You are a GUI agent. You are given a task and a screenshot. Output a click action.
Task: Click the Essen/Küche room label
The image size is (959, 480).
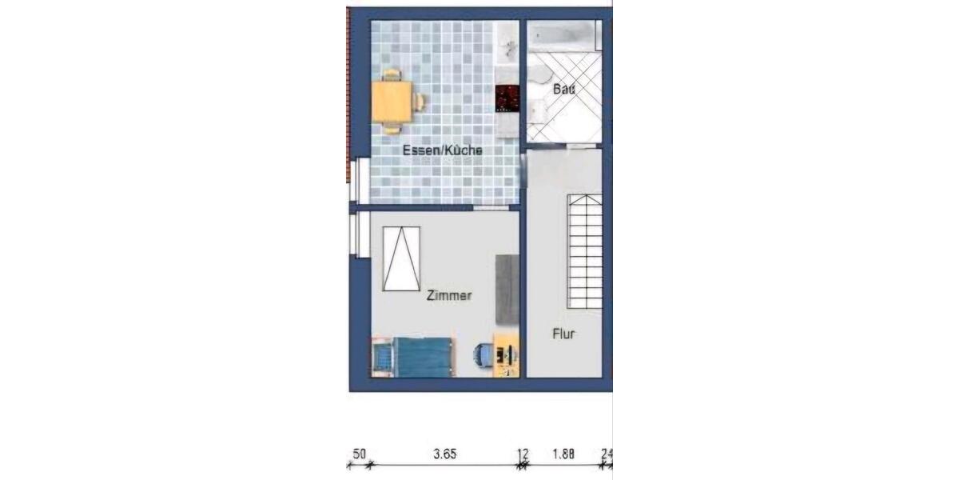(442, 150)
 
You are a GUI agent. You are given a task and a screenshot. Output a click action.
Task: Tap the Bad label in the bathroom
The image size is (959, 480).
(564, 90)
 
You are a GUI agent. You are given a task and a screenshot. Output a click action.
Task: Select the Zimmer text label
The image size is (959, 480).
(449, 296)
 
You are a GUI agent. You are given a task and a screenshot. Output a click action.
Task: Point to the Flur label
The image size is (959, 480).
(564, 334)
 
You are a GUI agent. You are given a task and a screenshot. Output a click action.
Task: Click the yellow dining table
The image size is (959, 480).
(392, 102)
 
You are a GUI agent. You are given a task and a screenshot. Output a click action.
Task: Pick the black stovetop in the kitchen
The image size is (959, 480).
(507, 98)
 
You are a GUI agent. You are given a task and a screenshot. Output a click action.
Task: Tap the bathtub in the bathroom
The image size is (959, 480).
(563, 35)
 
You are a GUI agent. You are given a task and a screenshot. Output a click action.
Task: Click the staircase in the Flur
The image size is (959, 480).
(585, 252)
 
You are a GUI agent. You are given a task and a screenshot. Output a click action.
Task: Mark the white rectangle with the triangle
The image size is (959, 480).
(401, 258)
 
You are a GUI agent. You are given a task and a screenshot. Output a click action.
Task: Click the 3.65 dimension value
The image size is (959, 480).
(444, 454)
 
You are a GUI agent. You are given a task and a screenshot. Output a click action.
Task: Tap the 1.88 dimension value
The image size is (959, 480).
(564, 454)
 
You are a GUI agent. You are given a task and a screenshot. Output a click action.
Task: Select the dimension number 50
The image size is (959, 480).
(360, 454)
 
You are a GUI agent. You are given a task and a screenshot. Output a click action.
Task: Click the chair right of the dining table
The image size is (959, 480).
(419, 102)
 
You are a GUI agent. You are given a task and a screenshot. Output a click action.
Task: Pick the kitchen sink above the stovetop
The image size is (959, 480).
(507, 45)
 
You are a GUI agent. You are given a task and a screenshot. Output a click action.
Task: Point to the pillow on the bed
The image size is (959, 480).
(384, 357)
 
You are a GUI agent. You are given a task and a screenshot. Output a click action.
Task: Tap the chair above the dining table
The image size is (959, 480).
(392, 76)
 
